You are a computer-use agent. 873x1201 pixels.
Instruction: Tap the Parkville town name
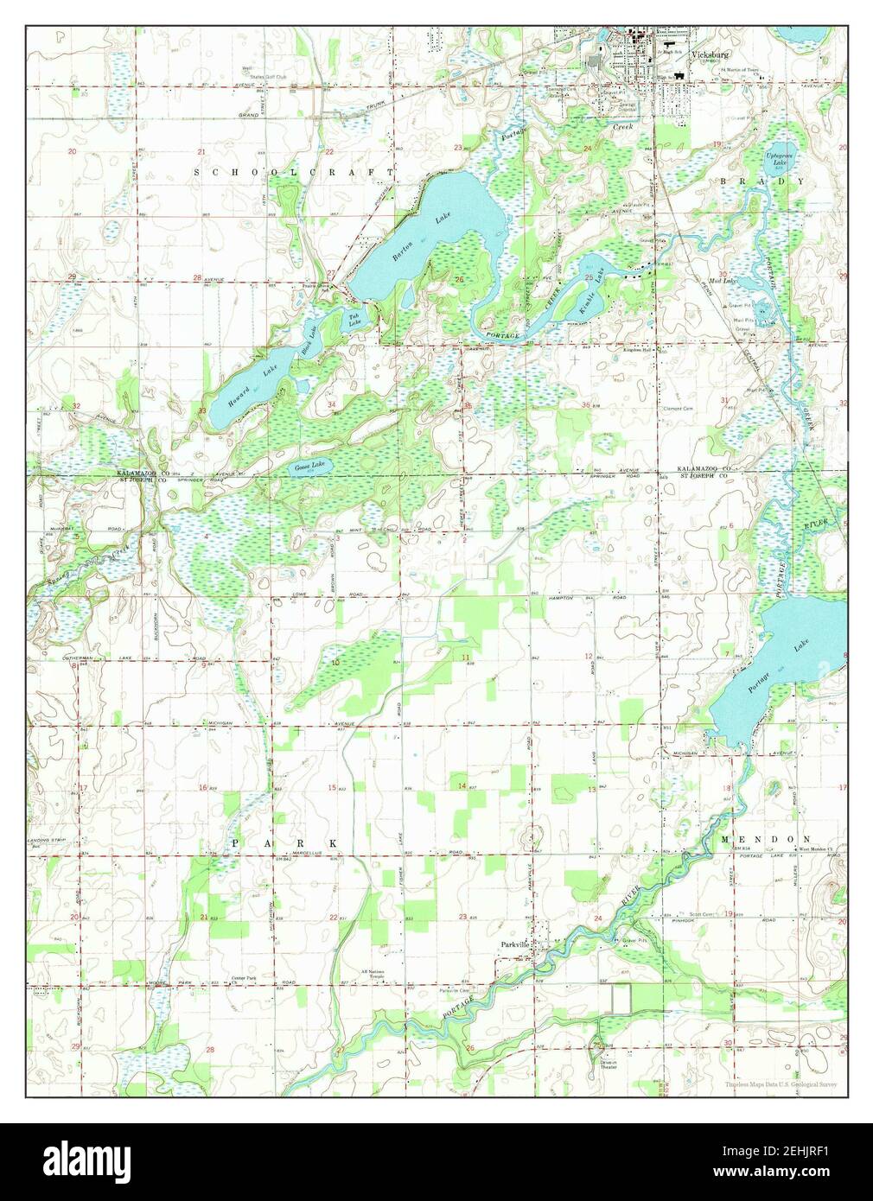[x=514, y=944]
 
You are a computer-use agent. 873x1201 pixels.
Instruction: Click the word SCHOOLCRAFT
[x=294, y=173]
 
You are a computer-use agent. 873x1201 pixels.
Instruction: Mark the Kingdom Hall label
[x=642, y=350]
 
